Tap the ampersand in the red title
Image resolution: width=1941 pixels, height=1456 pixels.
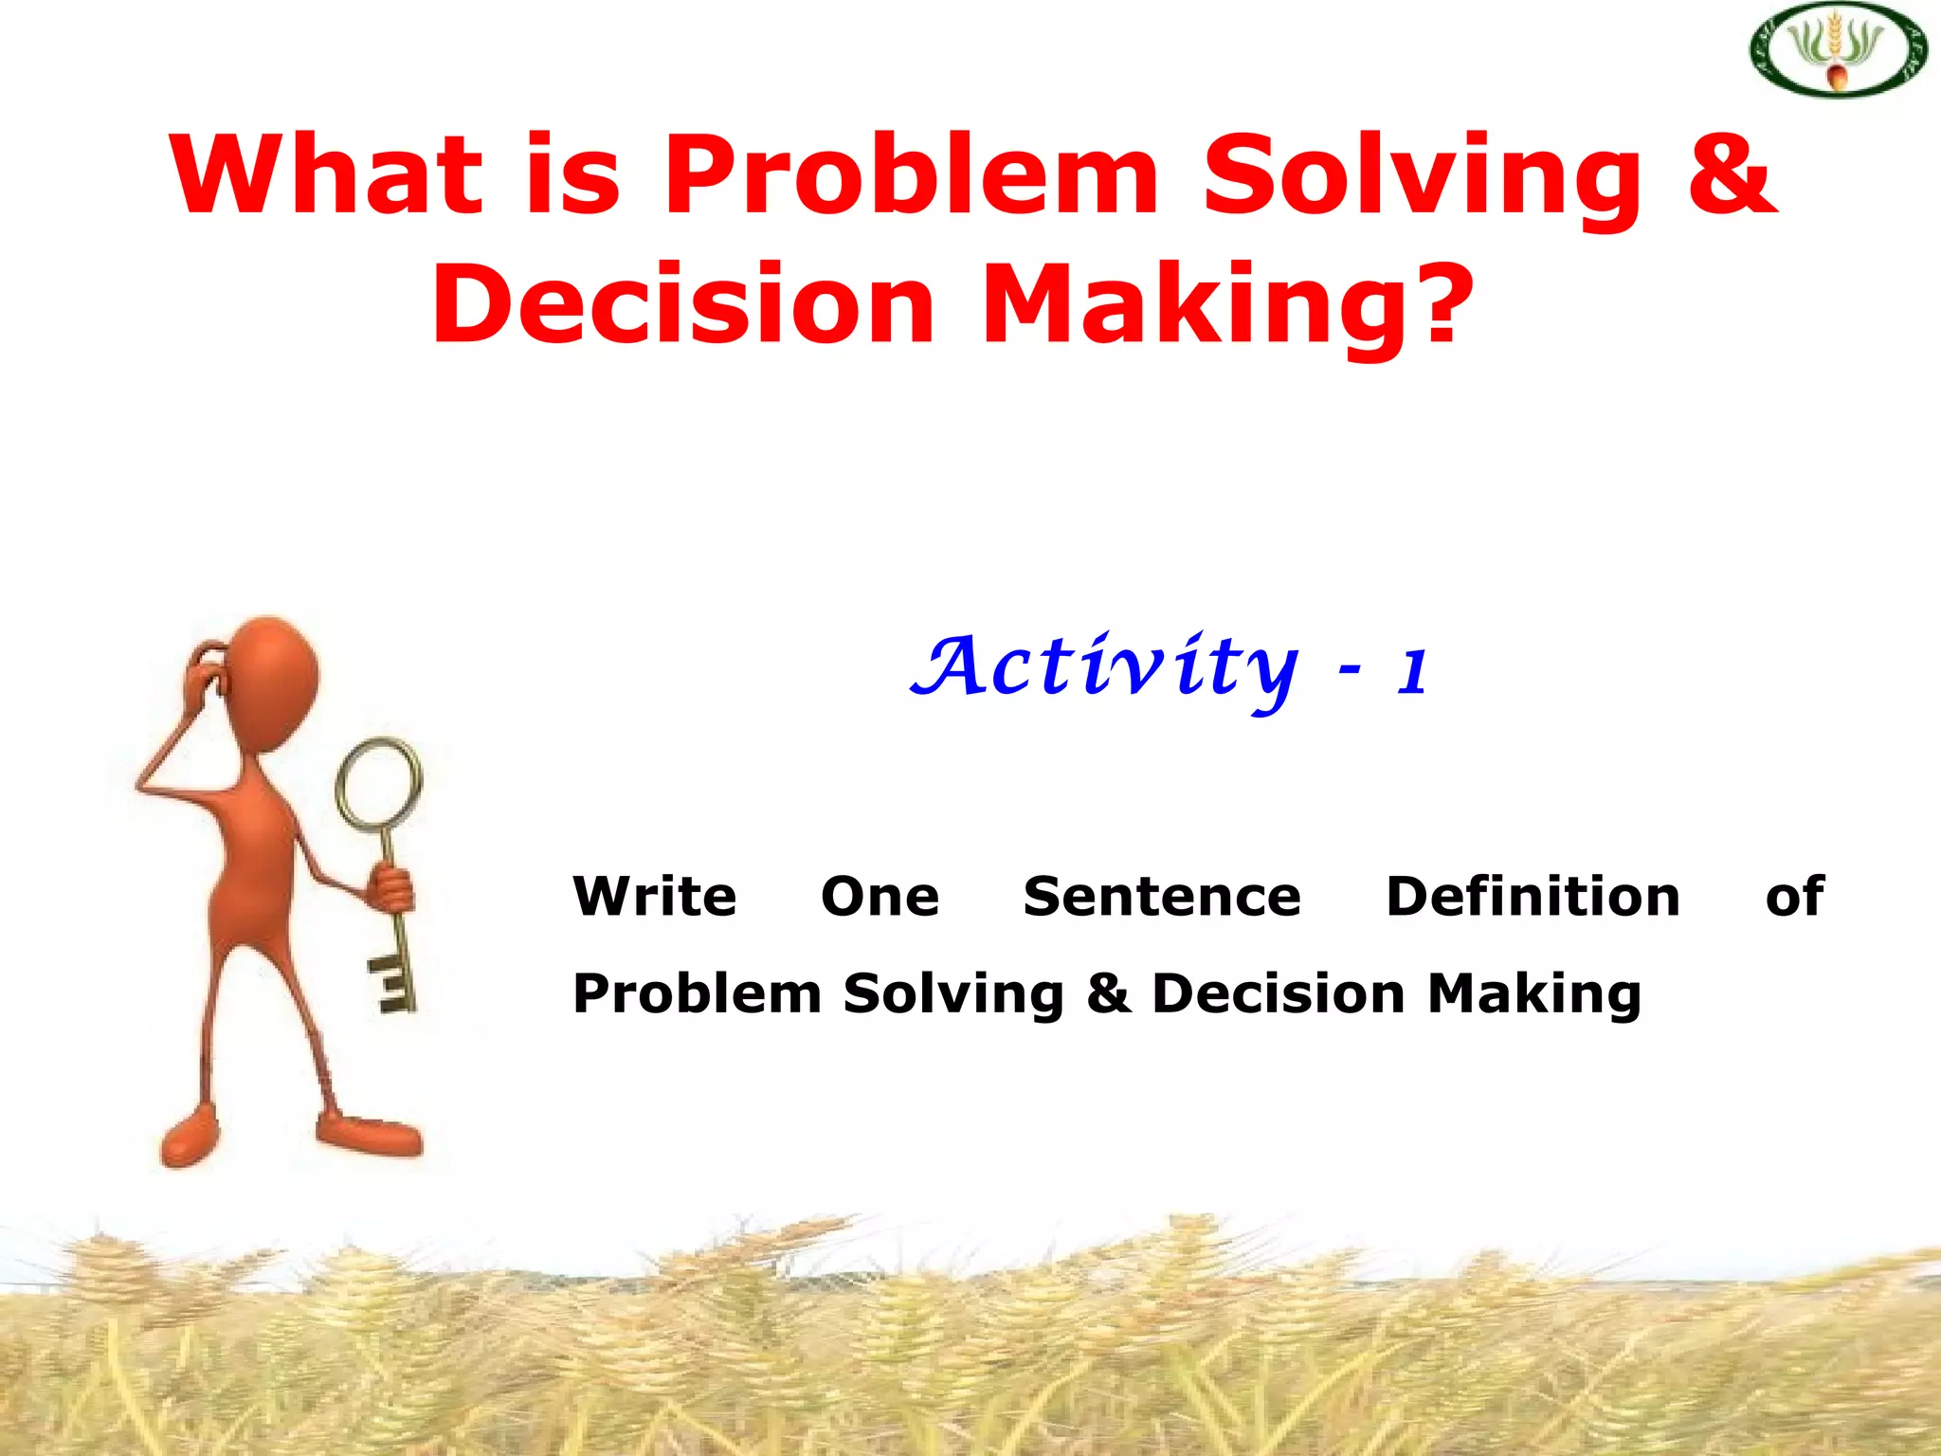click(x=1731, y=175)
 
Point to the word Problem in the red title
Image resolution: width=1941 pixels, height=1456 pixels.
click(x=910, y=175)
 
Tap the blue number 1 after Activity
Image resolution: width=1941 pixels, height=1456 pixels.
click(x=1411, y=671)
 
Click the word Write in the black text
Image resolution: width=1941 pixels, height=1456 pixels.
click(x=655, y=897)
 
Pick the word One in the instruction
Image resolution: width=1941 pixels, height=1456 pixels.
click(x=880, y=897)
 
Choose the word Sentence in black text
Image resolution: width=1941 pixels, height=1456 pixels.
click(x=1162, y=897)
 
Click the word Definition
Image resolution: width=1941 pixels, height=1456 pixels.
click(x=1533, y=897)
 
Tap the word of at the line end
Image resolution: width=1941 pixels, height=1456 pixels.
click(x=1794, y=897)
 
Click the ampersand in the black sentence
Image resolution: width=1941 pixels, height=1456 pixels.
click(x=1108, y=993)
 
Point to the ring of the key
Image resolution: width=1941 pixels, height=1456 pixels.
click(x=380, y=783)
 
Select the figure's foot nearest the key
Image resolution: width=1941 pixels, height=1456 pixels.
click(x=370, y=1134)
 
